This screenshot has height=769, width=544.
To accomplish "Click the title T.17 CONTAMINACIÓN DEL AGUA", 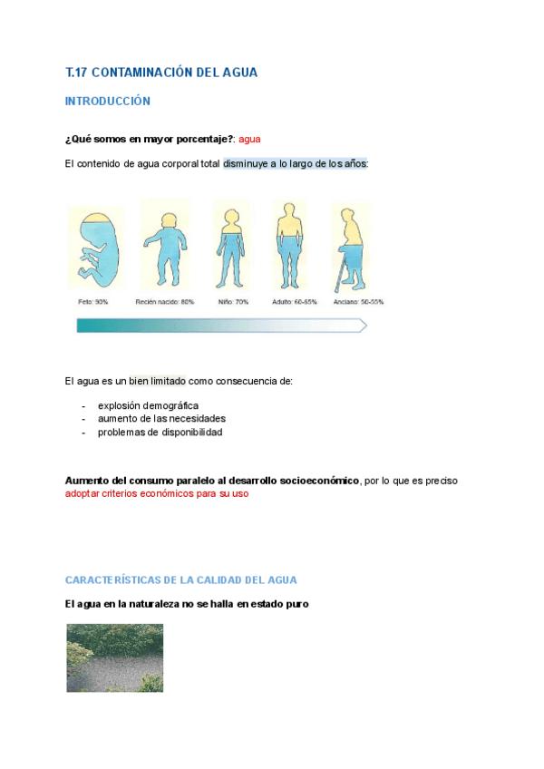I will coord(161,73).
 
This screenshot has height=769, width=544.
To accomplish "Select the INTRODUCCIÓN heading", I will coord(108,102).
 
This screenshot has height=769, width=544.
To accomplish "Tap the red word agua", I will coord(249,139).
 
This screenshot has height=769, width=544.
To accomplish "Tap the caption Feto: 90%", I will coord(92,302).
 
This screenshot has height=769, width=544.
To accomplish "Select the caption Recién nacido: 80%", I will coord(165,302).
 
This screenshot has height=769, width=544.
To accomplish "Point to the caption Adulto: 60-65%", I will coord(295,302).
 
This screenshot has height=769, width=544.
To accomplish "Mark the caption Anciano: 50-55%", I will coord(358,302).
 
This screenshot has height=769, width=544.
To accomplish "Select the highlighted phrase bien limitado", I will coord(157,381).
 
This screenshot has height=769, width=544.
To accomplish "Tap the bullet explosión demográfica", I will coord(148,405).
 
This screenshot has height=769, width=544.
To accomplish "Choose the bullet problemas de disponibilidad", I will coord(160,432).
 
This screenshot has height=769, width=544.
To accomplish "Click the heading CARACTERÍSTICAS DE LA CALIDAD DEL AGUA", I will coord(181,579).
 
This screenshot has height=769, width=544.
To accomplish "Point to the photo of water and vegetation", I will coord(115,657).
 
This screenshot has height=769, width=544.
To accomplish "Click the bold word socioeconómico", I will coord(318,481).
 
